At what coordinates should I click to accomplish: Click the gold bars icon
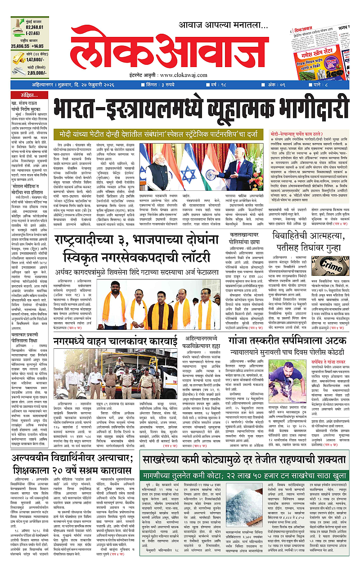pos(19,59)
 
